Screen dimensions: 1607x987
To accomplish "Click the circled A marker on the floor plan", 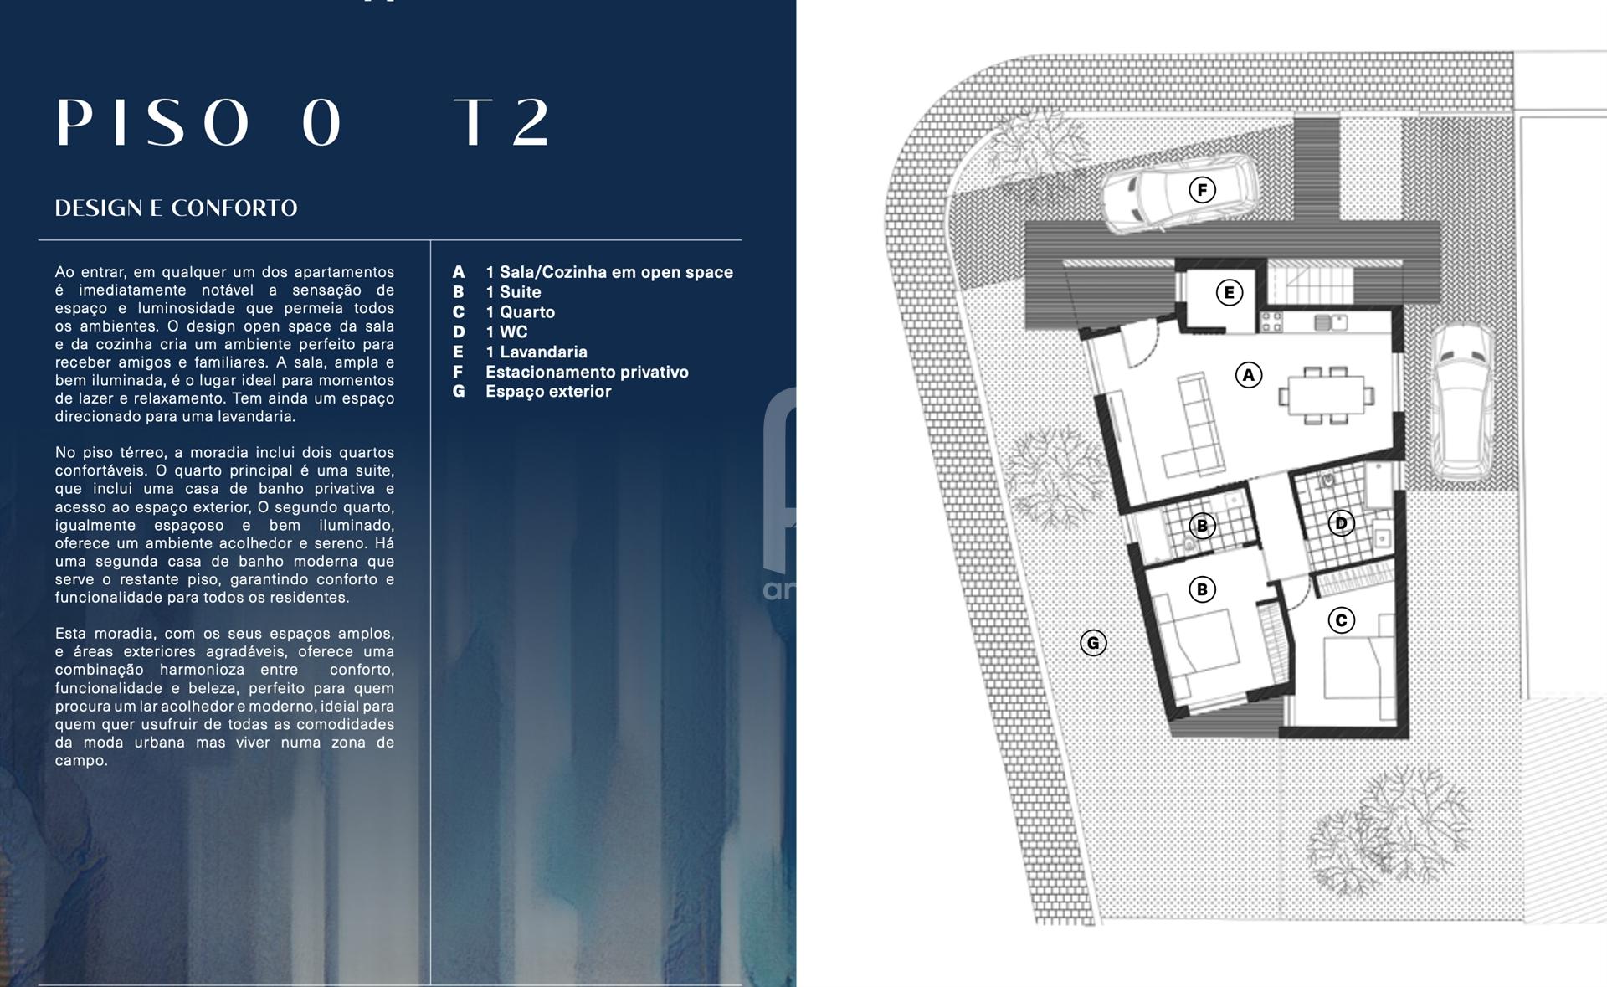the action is click(x=1249, y=375).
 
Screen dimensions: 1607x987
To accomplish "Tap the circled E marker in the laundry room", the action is click(x=1229, y=293).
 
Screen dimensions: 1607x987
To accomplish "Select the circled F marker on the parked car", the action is click(x=1203, y=190).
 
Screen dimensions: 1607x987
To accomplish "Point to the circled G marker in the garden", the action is click(x=1093, y=643).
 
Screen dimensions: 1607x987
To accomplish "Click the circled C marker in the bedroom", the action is click(x=1342, y=620).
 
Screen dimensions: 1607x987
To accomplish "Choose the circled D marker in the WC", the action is click(x=1341, y=523).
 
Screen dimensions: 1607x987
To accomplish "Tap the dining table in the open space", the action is click(x=1326, y=395).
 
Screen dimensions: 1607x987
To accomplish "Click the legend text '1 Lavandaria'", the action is click(x=537, y=352).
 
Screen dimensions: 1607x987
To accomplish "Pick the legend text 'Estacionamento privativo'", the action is click(x=587, y=372).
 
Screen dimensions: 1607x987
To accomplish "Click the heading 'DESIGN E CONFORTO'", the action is click(x=176, y=208).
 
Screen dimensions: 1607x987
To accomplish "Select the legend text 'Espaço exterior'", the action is click(x=548, y=392).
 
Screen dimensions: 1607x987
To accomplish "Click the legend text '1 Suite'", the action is click(x=513, y=292).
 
